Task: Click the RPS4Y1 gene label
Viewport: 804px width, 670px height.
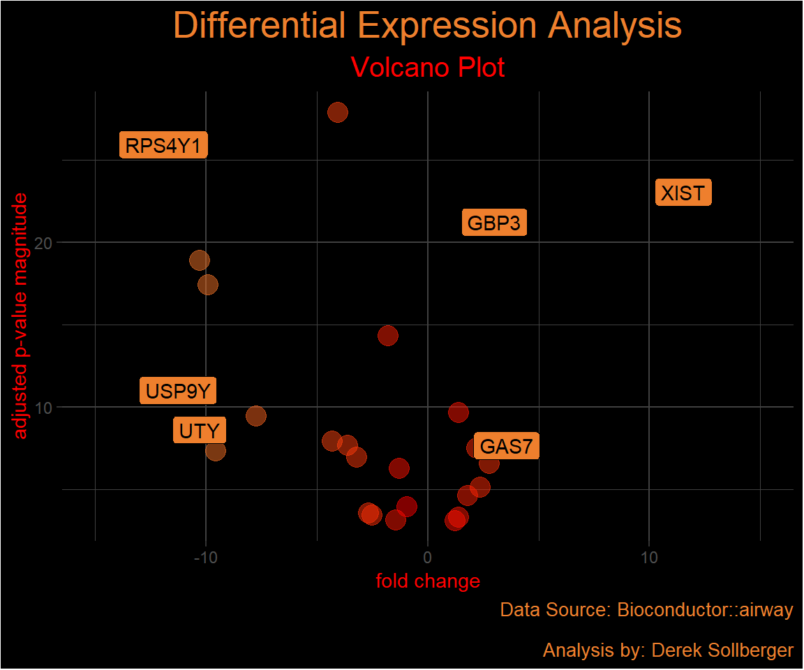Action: coord(163,147)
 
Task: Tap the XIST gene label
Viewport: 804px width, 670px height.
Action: coord(683,193)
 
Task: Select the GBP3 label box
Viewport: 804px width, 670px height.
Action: coord(494,224)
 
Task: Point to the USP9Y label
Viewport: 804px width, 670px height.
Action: coord(178,391)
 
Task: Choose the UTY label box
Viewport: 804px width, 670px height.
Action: coord(200,431)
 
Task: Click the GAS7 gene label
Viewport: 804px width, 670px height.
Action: coord(506,446)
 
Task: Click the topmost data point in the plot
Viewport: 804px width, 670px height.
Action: coord(338,112)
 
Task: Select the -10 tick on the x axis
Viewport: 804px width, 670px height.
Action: coord(205,558)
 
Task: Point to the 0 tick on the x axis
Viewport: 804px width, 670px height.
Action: coord(427,558)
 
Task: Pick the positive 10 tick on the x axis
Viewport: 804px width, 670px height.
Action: coord(649,558)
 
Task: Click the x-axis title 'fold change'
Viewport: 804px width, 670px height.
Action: coord(428,581)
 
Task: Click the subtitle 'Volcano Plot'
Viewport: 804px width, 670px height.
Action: coord(428,68)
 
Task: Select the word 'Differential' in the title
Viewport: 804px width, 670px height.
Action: coord(260,26)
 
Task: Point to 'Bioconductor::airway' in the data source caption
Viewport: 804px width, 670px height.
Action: coord(705,610)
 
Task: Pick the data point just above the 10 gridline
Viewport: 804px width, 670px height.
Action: coord(458,412)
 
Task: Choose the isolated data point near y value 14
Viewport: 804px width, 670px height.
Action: coord(388,336)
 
